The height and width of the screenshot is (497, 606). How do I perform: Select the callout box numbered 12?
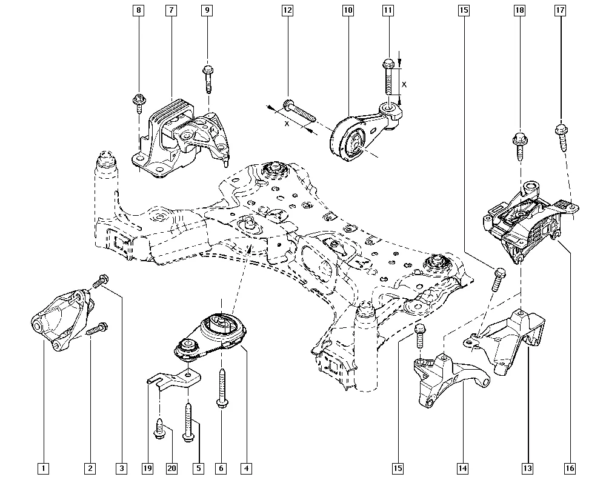pos(287,11)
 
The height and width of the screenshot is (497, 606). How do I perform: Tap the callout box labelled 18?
pos(519,11)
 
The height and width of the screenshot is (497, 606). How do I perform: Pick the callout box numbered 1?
pos(42,468)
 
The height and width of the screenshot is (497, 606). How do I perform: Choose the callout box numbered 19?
pos(148,468)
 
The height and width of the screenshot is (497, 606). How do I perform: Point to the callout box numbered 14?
pos(463,468)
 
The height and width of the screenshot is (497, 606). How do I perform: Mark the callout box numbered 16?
pos(570,468)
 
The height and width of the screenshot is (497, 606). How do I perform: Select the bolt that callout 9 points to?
pos(207,78)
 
